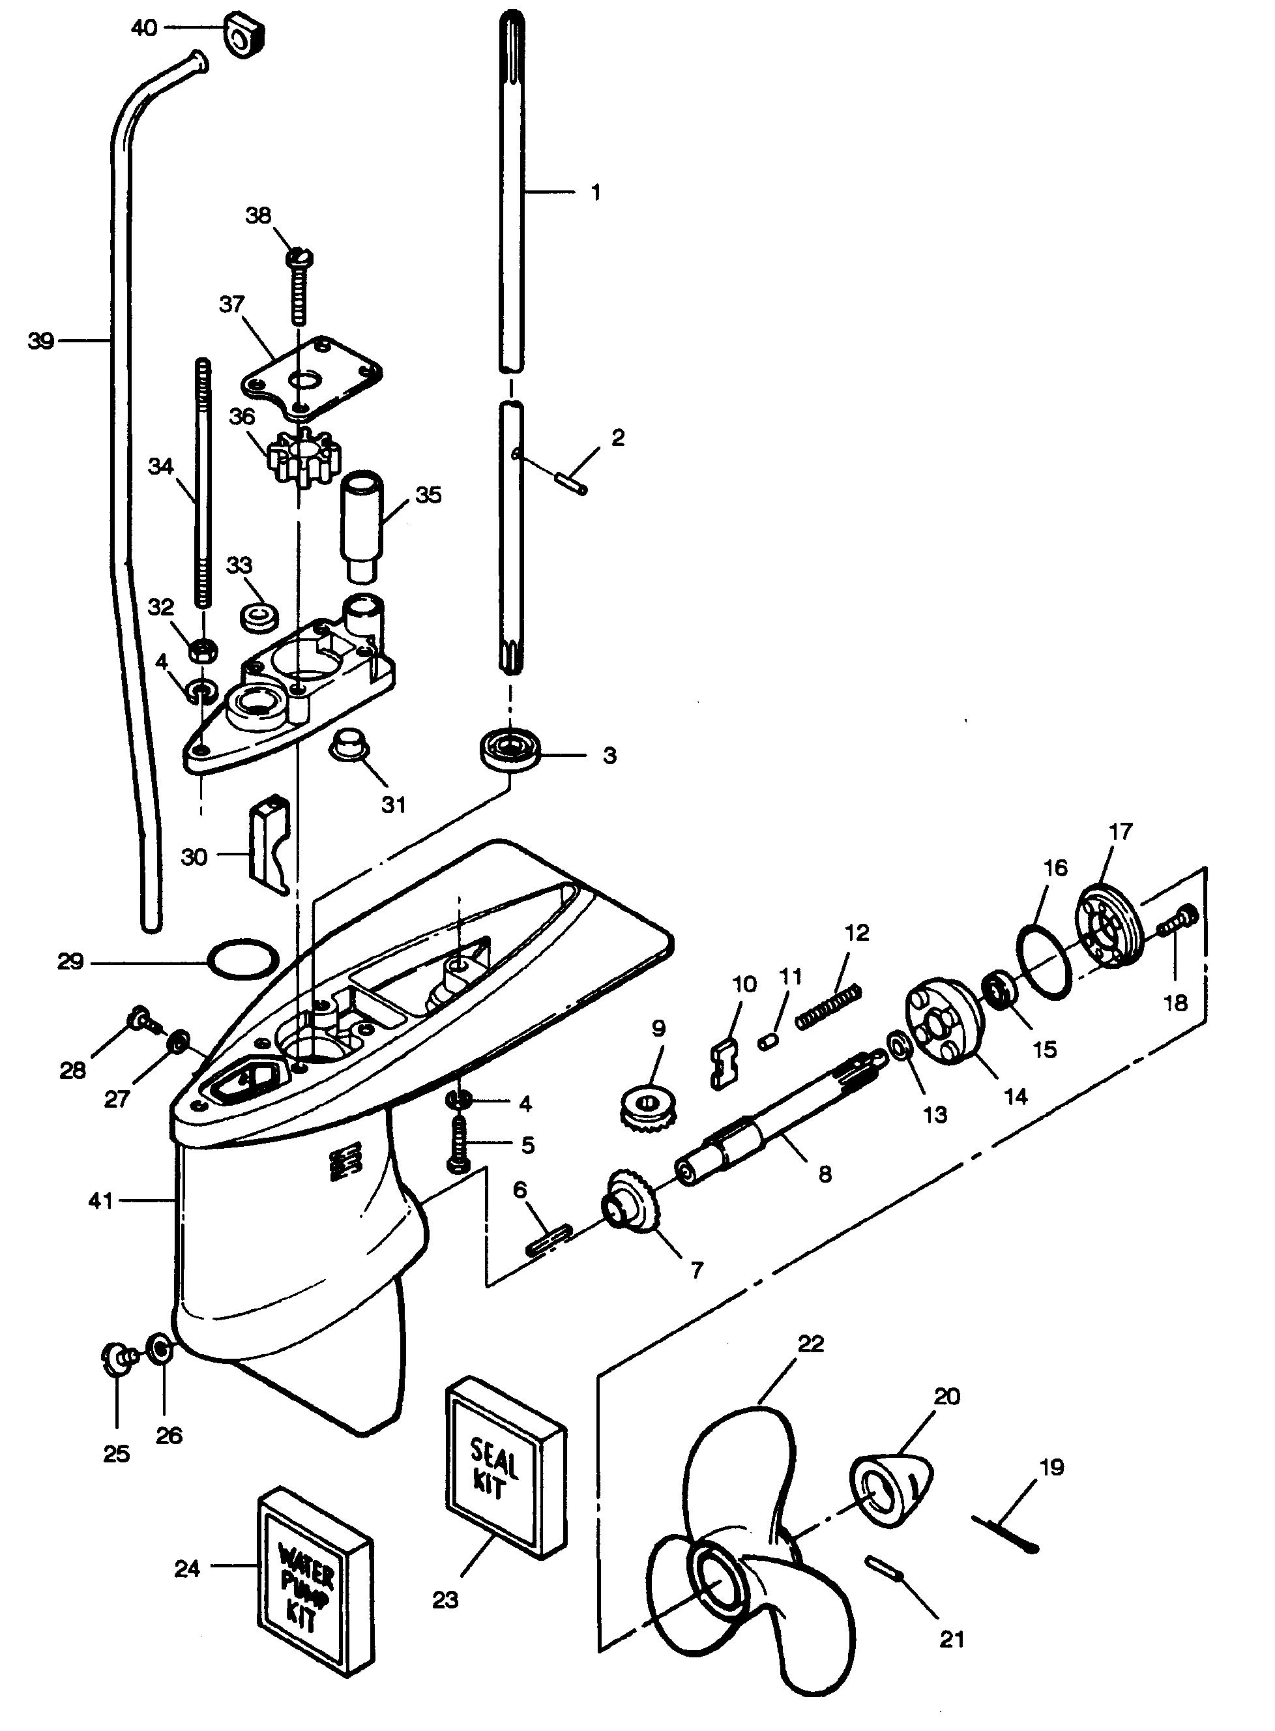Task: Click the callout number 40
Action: (x=144, y=29)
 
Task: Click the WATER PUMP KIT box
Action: (x=314, y=1582)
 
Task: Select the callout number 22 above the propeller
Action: (x=810, y=1344)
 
